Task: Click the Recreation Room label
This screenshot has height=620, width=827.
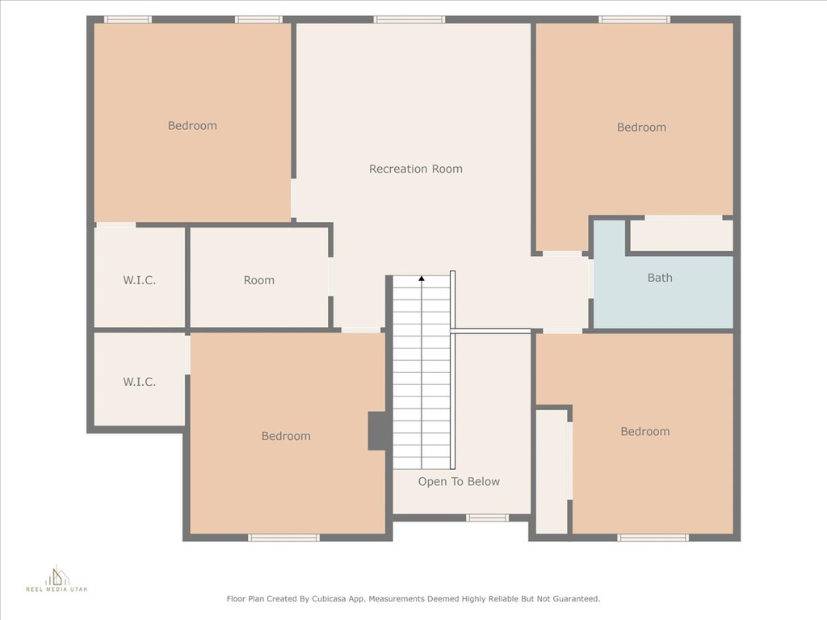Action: [x=416, y=169]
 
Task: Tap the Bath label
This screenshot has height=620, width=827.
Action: [x=660, y=278]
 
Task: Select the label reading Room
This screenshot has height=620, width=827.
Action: [x=259, y=280]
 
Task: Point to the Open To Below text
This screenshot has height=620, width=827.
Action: [x=459, y=481]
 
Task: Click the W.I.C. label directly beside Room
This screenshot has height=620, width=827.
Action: [x=139, y=280]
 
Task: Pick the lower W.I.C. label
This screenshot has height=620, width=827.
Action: [x=139, y=382]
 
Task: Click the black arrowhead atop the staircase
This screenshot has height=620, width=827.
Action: [x=422, y=279]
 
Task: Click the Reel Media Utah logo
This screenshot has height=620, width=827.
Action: [x=57, y=578]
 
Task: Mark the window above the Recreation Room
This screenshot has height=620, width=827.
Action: [x=409, y=19]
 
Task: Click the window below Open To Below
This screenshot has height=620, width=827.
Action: [x=487, y=517]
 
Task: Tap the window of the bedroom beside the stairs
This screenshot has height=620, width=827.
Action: [x=283, y=537]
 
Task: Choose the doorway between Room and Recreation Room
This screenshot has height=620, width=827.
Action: [x=330, y=276]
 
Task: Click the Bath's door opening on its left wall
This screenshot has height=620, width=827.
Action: [x=590, y=278]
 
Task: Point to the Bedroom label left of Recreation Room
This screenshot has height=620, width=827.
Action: [x=192, y=125]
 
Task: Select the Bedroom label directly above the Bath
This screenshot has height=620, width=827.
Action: [x=641, y=127]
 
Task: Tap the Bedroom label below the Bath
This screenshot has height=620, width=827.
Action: [x=645, y=431]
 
